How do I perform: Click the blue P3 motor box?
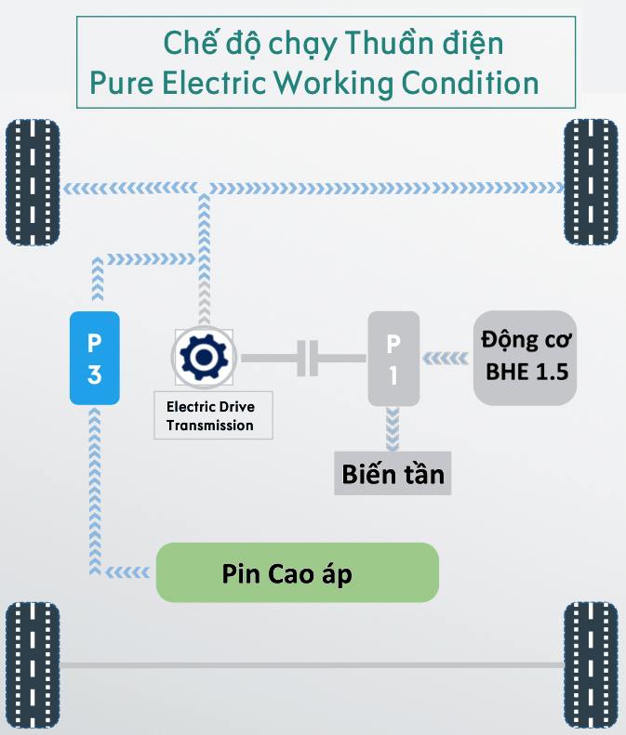(95, 358)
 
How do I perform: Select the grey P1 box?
(393, 358)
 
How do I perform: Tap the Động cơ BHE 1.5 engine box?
(526, 358)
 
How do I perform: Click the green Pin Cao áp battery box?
(297, 572)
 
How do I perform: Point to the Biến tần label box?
(393, 475)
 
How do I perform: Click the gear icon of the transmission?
(202, 357)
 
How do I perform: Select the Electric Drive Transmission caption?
(209, 415)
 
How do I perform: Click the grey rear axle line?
(312, 665)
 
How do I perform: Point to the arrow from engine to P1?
(447, 358)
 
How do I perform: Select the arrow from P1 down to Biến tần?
(393, 428)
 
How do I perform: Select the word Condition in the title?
(471, 84)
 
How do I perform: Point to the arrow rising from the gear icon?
(202, 260)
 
